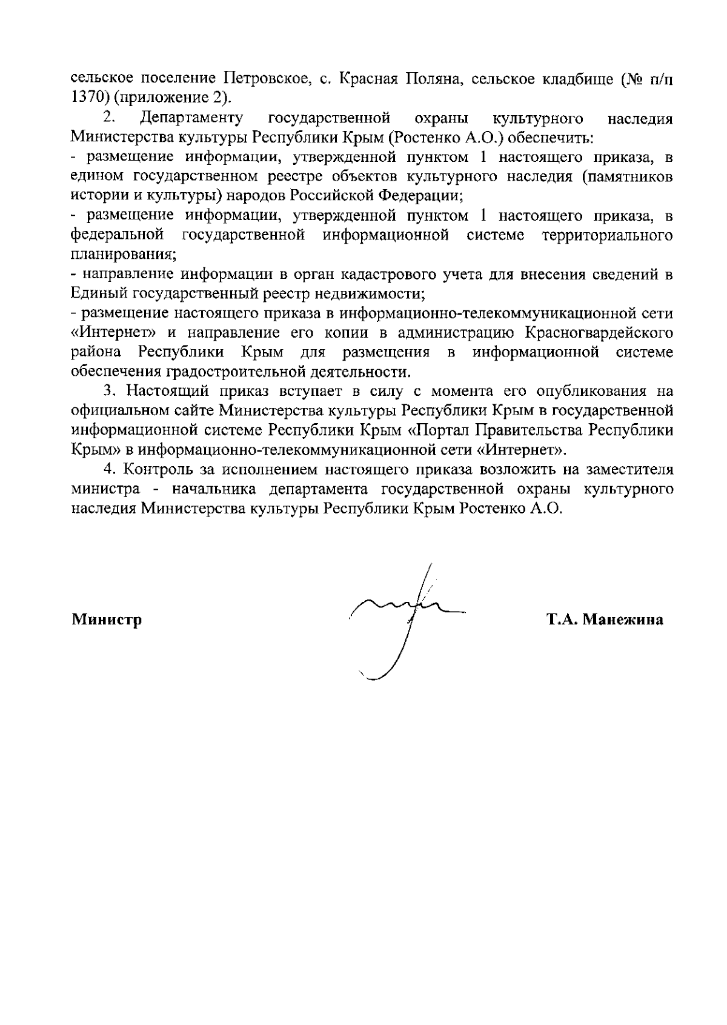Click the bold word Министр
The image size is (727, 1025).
point(107,620)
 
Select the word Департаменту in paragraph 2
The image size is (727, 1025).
point(192,118)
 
